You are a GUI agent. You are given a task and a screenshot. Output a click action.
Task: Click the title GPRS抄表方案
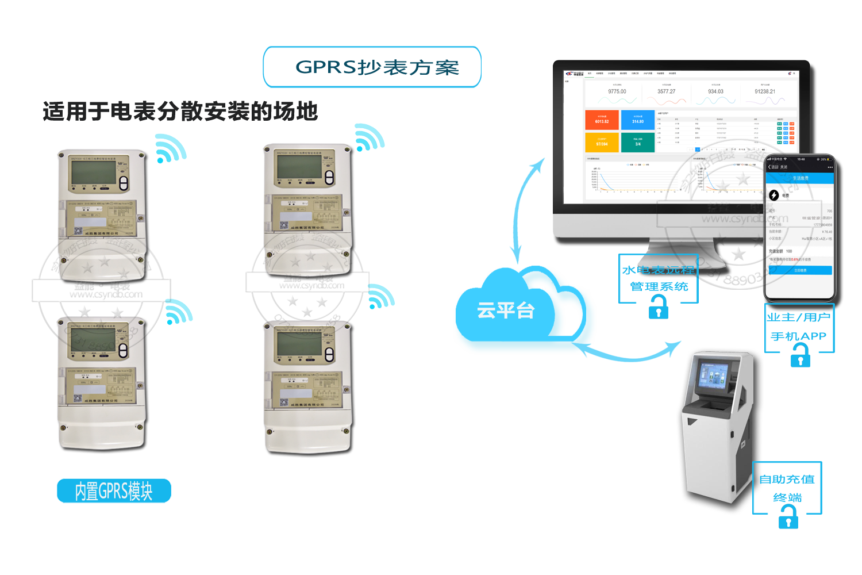(377, 67)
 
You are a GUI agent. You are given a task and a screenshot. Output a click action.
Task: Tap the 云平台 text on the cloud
(506, 310)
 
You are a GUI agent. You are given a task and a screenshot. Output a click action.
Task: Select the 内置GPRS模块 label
(114, 491)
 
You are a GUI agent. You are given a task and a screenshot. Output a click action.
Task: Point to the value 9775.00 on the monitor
(617, 91)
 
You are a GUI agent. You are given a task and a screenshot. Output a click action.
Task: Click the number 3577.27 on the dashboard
(667, 91)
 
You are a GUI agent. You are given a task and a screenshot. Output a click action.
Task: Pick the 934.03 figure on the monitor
(715, 91)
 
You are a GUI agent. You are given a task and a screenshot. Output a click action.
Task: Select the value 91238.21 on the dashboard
(765, 91)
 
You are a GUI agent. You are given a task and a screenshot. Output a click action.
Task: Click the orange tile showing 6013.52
(602, 120)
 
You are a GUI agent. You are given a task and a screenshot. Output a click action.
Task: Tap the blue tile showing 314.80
(638, 120)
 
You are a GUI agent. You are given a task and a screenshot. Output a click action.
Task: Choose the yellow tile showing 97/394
(602, 142)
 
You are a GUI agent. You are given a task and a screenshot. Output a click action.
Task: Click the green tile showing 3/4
(638, 142)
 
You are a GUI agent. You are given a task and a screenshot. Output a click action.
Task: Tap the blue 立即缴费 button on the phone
(800, 270)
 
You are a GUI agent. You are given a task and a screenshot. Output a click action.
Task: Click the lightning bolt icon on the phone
(774, 195)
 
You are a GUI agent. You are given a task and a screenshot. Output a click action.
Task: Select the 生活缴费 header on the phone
(800, 178)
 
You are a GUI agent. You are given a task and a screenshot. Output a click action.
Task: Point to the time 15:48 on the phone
(801, 159)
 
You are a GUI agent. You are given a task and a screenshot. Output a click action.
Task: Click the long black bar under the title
(180, 111)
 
